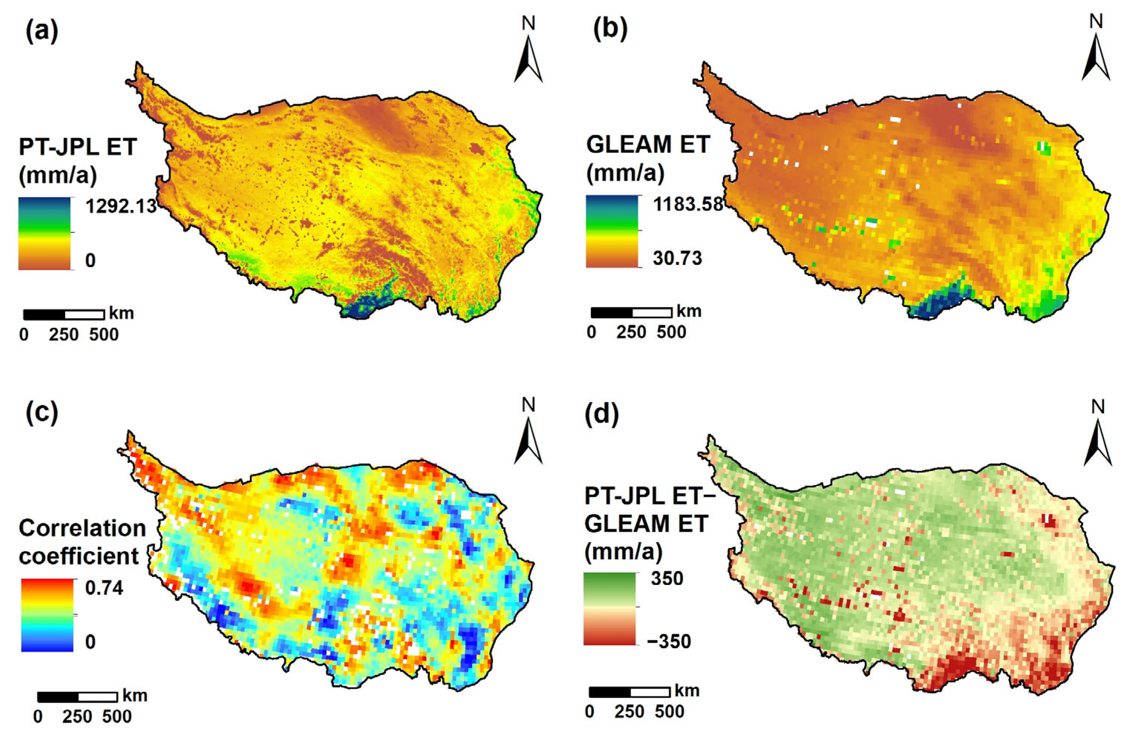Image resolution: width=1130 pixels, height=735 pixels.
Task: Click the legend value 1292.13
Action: point(121,206)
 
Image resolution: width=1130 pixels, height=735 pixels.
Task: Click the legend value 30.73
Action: point(677,258)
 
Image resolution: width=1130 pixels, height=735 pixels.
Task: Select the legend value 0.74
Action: point(104,588)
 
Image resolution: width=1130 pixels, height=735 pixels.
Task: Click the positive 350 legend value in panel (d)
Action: point(667,578)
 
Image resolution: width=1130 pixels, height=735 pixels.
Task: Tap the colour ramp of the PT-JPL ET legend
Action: point(44,233)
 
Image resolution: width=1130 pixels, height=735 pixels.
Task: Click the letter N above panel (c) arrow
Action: point(529,405)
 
